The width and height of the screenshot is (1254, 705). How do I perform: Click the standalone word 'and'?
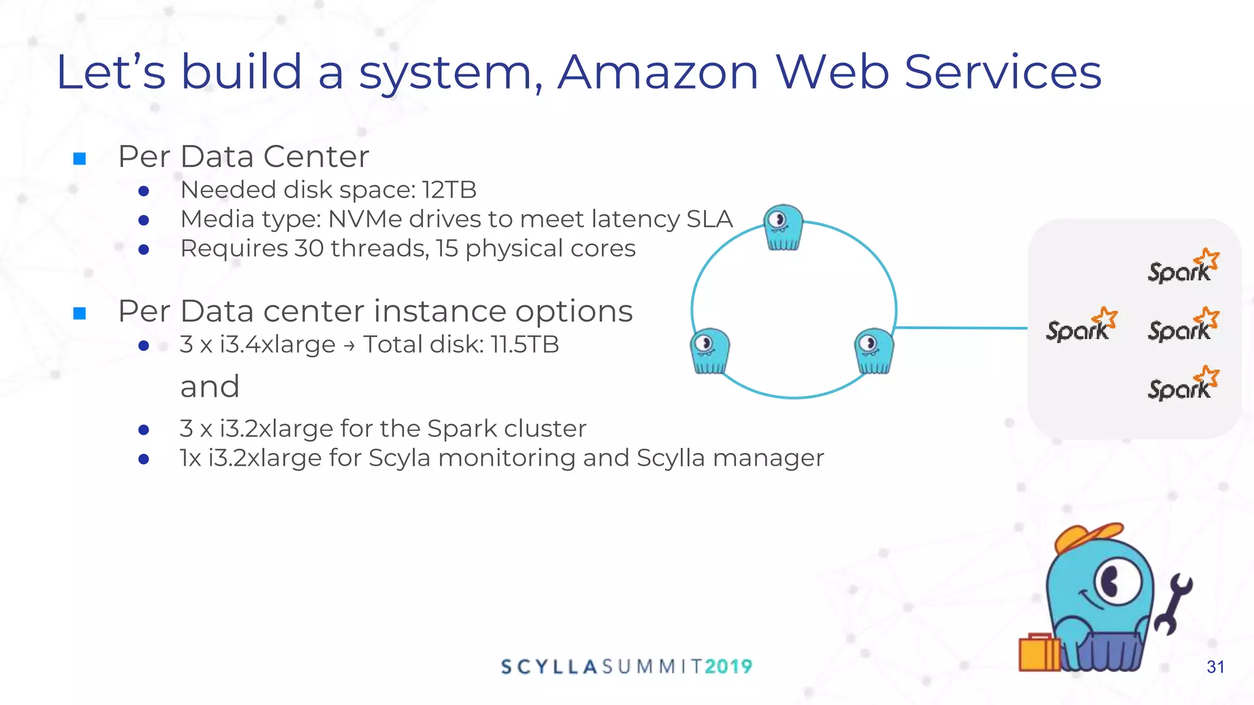coord(209,387)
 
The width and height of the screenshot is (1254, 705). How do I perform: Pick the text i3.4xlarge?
coord(277,345)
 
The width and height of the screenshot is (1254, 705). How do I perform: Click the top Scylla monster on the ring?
coord(783,227)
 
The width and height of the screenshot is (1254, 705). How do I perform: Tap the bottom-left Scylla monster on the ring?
coord(710,351)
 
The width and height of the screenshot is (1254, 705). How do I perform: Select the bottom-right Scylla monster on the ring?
coord(874,351)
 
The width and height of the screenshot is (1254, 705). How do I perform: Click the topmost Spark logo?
coord(1182,267)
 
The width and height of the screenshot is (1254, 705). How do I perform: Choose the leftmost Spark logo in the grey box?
coord(1081,326)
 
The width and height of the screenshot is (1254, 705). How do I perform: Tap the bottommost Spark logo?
coord(1182,384)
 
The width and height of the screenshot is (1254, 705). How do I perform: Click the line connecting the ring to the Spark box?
coord(961,328)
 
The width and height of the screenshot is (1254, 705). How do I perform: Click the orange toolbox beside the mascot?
coord(1039,652)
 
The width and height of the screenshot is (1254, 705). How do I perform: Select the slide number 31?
coord(1215,667)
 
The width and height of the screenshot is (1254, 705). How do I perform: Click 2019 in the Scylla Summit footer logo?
coord(728,666)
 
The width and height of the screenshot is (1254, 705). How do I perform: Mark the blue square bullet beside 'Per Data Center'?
coord(80,159)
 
